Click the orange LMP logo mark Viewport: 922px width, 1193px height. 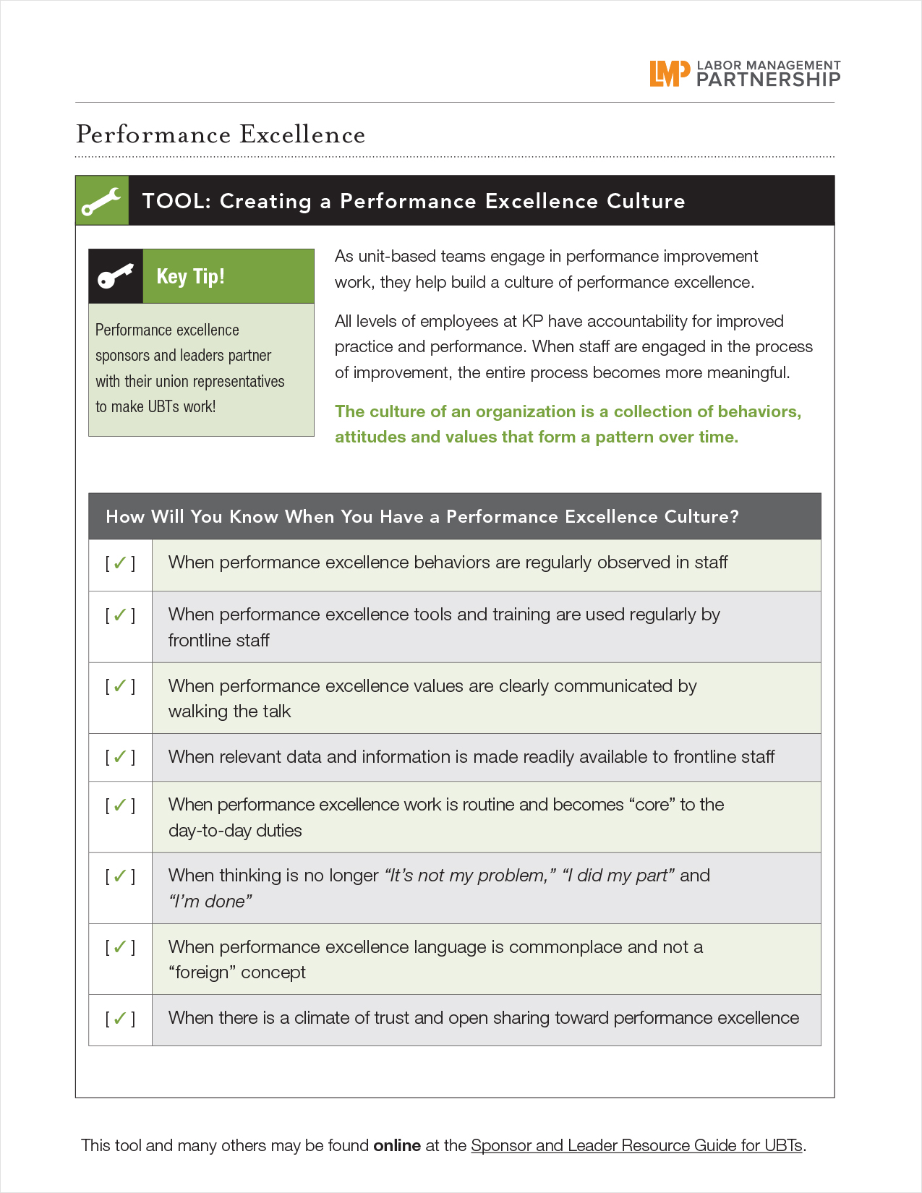click(665, 73)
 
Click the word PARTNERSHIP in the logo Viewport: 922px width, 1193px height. click(768, 80)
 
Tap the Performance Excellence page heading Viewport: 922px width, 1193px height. click(221, 134)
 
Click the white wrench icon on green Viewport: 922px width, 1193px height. click(102, 201)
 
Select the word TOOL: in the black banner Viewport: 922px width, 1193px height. click(176, 201)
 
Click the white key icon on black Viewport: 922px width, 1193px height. click(116, 276)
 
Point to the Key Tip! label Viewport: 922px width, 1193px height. click(190, 276)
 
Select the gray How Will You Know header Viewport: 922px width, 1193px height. click(454, 516)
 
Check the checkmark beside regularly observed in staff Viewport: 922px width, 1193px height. click(120, 563)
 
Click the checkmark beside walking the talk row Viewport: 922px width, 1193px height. click(120, 685)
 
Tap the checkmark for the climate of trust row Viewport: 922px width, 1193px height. click(120, 1018)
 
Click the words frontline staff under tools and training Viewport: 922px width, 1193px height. click(218, 640)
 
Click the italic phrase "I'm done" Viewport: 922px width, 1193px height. click(210, 901)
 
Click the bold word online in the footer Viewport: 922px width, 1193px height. click(397, 1145)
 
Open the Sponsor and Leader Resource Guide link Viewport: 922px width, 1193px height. click(636, 1145)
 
